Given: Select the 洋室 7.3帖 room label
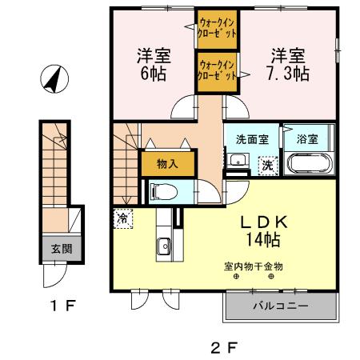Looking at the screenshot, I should pos(288,64).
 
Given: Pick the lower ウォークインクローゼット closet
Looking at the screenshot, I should pos(217,70).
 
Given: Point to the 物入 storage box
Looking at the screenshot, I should pos(166,163).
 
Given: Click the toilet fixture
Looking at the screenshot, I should pos(162,191).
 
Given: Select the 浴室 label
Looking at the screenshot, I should pos(307,138).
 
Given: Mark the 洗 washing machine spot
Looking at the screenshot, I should pos(269,165).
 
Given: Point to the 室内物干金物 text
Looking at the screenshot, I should pos(254,266).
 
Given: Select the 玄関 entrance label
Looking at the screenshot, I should pos(62,249).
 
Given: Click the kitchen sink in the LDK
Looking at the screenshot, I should pos(162,246).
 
